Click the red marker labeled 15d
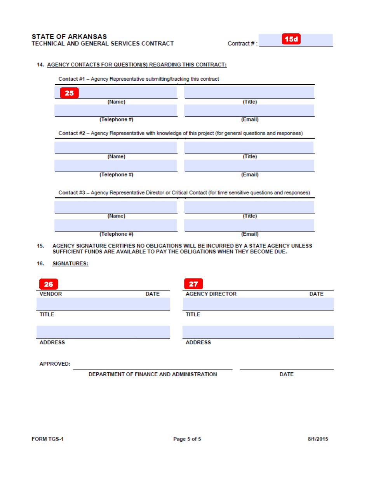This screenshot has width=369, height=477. tap(291, 39)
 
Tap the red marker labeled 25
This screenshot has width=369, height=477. tap(69, 93)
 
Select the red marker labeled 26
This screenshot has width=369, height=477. tap(49, 284)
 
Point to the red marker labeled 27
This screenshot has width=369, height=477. tap(193, 284)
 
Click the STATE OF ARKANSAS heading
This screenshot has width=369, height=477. tap(69, 36)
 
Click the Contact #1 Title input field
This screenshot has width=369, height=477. tap(249, 93)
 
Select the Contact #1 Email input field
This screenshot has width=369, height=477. tap(249, 111)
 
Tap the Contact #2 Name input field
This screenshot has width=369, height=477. tap(116, 147)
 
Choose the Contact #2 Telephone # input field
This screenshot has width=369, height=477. tap(116, 166)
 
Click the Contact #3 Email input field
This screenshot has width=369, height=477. tap(249, 225)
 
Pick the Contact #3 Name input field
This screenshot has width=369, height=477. tap(116, 207)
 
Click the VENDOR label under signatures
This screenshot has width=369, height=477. tap(50, 294)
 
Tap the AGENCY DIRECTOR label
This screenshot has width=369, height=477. tap(211, 294)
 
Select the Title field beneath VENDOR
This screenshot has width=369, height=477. tap(103, 304)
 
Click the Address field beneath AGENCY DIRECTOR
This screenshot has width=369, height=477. tap(258, 332)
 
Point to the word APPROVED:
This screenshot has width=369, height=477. tap(55, 364)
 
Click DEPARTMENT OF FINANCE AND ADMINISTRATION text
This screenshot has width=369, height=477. tap(153, 374)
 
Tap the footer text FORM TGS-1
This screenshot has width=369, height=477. tap(47, 439)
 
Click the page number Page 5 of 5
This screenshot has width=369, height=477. tap(187, 439)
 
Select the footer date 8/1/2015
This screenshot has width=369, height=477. tap(318, 439)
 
